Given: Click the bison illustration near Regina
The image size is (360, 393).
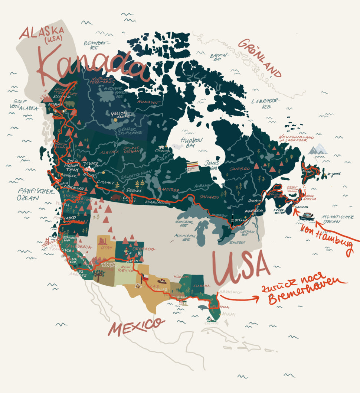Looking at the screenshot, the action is click(x=115, y=197).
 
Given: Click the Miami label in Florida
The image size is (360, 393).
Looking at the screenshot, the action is click(x=229, y=315).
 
